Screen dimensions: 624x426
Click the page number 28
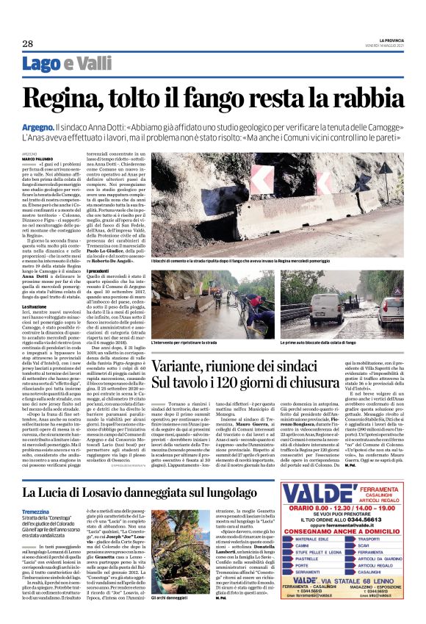[27, 44]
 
